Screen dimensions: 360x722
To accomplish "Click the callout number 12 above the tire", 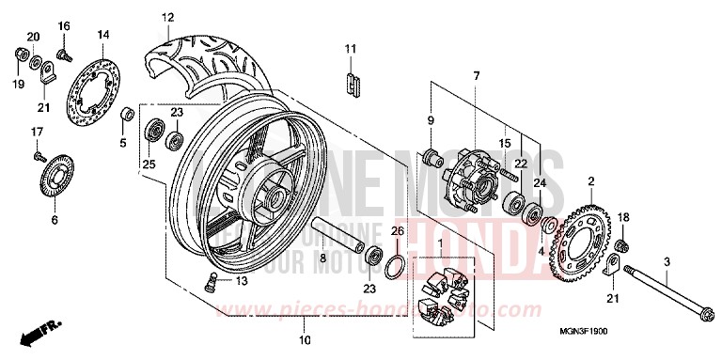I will pyautogui.click(x=167, y=18).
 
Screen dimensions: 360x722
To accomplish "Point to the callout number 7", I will pyautogui.click(x=477, y=75).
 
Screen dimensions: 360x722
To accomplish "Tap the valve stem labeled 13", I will pyautogui.click(x=212, y=279).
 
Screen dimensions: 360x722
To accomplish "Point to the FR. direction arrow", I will pyautogui.click(x=41, y=332).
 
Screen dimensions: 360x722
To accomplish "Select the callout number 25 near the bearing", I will pyautogui.click(x=147, y=164).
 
